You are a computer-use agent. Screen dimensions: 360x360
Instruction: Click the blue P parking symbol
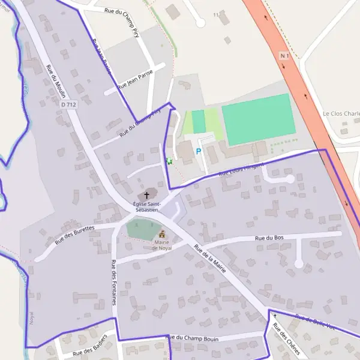click(199, 152)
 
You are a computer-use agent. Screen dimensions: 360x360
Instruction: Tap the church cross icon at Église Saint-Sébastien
click(146, 196)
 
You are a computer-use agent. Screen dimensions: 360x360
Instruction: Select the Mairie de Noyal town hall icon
click(161, 235)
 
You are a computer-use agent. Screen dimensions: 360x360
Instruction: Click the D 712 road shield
click(69, 104)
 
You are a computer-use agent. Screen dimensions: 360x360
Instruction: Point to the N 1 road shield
click(285, 56)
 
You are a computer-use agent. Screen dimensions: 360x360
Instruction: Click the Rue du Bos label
click(269, 238)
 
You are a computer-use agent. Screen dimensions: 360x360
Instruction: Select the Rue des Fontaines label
click(113, 282)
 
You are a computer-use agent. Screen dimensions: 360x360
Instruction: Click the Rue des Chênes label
click(286, 339)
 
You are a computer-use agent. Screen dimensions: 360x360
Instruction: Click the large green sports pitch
click(258, 119)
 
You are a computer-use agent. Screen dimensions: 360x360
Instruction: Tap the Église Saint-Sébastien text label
click(146, 207)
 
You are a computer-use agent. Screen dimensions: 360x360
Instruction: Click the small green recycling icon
click(169, 161)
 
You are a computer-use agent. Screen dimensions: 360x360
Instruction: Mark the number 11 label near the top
click(216, 14)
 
